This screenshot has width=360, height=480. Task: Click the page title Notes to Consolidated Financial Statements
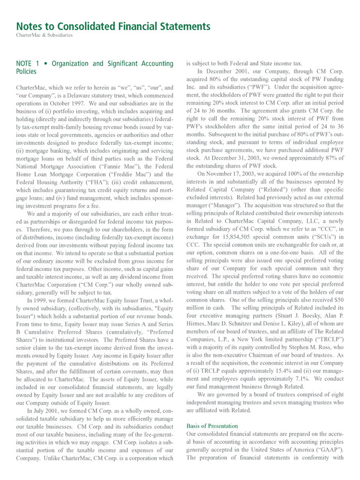113,26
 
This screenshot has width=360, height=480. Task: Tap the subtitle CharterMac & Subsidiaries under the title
44,35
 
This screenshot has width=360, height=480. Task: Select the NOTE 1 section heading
95,68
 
